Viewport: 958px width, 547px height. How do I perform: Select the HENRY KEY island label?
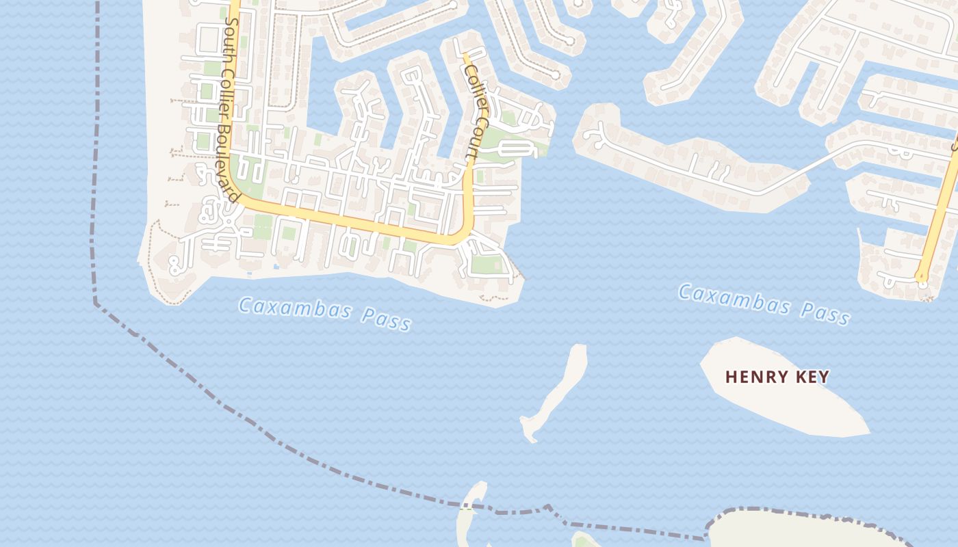777,377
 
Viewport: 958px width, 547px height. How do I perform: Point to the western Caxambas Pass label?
325,314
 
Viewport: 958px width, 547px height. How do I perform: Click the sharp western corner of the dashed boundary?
95,302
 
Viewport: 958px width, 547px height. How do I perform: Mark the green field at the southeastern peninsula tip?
487,264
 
